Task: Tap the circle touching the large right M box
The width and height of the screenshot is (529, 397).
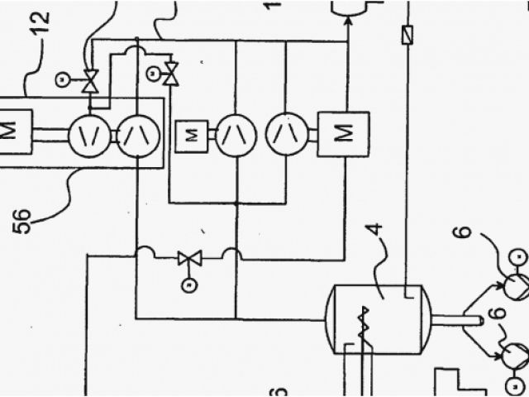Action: pos(287,132)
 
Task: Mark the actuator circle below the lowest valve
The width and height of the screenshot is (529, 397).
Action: pos(187,287)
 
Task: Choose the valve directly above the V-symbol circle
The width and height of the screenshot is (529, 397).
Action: pos(91,81)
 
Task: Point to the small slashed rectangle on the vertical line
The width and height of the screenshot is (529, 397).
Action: pos(406,36)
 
